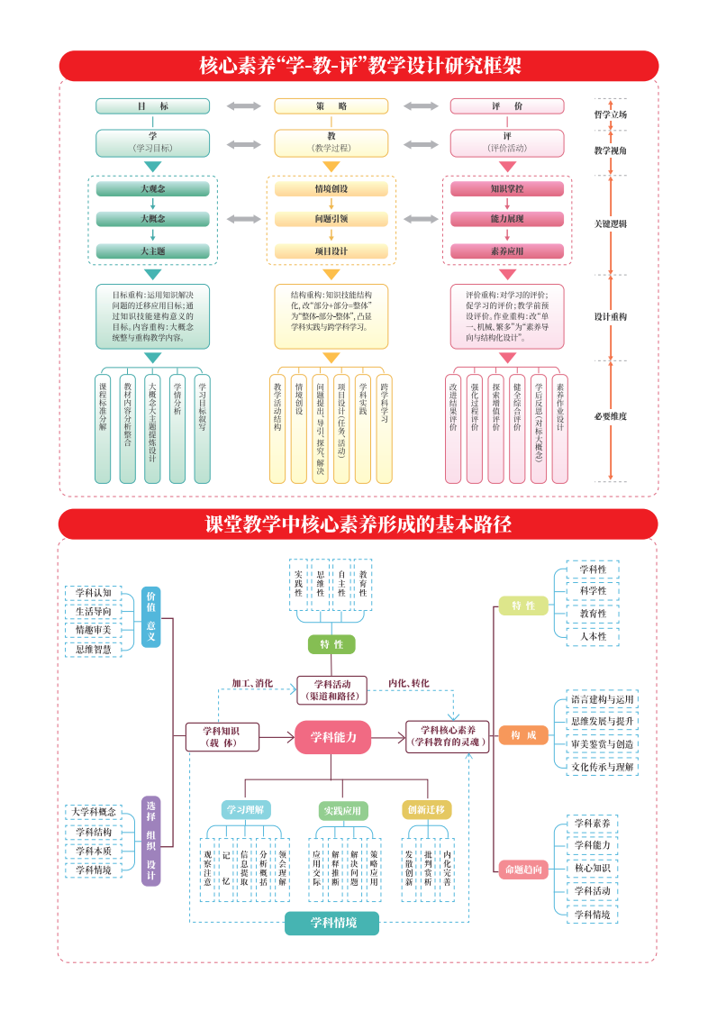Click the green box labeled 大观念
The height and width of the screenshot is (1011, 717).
click(x=152, y=189)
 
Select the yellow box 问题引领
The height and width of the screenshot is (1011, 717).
click(x=331, y=219)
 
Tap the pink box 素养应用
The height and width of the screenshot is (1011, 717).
click(x=507, y=251)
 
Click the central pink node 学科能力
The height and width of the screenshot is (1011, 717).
click(x=332, y=737)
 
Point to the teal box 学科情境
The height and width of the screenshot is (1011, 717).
click(x=332, y=923)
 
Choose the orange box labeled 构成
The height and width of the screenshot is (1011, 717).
click(x=522, y=735)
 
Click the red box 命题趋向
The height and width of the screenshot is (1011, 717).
click(x=522, y=869)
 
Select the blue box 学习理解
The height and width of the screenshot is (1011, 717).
click(x=246, y=809)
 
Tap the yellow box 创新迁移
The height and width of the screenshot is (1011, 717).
click(x=426, y=809)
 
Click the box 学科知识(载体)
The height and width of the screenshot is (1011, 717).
click(x=222, y=736)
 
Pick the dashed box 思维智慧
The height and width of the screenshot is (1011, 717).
click(x=94, y=649)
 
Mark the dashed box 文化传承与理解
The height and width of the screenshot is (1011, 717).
click(x=603, y=767)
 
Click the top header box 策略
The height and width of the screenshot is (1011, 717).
click(x=331, y=106)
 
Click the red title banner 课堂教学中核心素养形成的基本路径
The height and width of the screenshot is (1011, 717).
click(x=358, y=524)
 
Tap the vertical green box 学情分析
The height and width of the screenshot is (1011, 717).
click(x=177, y=428)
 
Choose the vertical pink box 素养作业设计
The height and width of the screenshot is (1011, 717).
click(x=559, y=428)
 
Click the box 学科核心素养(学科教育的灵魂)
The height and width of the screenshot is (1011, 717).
click(x=448, y=736)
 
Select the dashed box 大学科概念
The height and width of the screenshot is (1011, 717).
click(x=94, y=811)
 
